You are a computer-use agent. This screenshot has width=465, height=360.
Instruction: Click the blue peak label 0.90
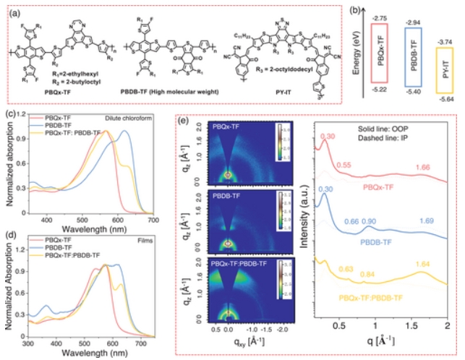(370, 221)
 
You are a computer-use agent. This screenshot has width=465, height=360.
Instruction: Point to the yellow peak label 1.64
(420, 284)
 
